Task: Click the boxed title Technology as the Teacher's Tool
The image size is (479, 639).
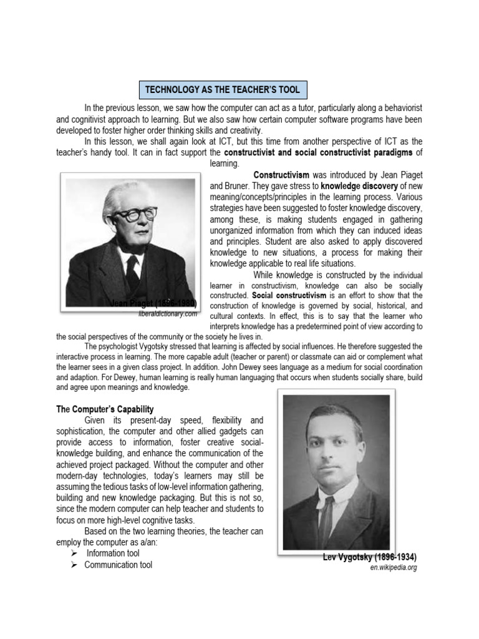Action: pyautogui.click(x=222, y=90)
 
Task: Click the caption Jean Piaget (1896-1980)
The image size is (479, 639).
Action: pyautogui.click(x=153, y=303)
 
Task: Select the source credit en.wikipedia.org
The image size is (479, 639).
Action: pyautogui.click(x=393, y=567)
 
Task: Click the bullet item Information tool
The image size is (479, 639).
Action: pyautogui.click(x=112, y=554)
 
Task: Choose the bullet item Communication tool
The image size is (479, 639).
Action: pyautogui.click(x=118, y=565)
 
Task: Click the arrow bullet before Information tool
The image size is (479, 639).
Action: pyautogui.click(x=74, y=554)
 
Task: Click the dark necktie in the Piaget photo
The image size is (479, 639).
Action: pyautogui.click(x=132, y=268)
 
